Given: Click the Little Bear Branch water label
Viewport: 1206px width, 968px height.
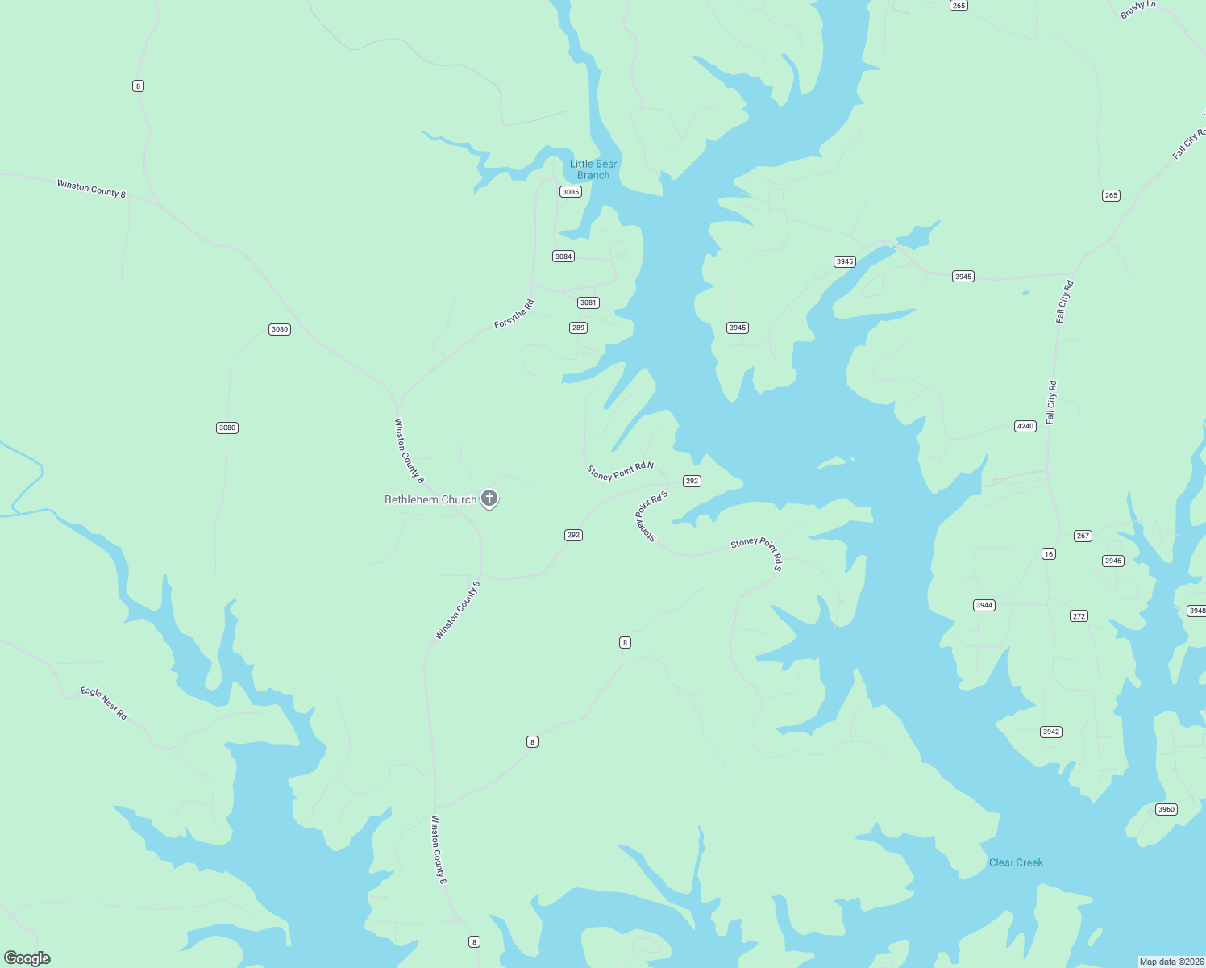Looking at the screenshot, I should tap(593, 169).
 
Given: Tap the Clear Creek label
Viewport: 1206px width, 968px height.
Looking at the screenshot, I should tap(1016, 862).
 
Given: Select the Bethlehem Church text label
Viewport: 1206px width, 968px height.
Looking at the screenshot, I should tap(430, 499).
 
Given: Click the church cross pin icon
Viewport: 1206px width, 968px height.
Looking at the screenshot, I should tap(489, 499).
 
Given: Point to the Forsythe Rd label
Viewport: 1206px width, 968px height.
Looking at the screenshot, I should tap(514, 314).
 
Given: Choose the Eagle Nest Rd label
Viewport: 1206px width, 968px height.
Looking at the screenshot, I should tap(104, 703).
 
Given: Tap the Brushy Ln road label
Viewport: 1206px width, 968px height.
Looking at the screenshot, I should tap(1137, 10).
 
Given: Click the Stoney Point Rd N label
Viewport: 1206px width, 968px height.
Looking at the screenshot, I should tap(620, 471).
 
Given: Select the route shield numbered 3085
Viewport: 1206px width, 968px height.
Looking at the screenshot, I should tap(571, 192).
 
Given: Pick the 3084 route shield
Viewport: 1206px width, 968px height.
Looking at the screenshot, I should tap(563, 257).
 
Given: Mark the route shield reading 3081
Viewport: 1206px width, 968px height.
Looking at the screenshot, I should tap(588, 302).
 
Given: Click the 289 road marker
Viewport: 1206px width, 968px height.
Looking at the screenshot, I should tap(578, 328).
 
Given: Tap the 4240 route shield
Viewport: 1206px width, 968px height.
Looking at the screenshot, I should tap(1025, 426).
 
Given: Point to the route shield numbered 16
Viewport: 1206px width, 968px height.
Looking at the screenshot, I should tap(1048, 553).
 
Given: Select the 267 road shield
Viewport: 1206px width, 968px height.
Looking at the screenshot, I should tap(1083, 536).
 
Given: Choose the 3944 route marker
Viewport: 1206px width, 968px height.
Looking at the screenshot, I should tap(984, 605).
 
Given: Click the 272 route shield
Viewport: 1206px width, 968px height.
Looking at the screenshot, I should tap(1079, 616).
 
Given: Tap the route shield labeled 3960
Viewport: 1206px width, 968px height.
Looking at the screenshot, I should tap(1166, 809).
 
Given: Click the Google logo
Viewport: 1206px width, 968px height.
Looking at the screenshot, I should tap(27, 958).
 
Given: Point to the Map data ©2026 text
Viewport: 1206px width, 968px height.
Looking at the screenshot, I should tap(1171, 962).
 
